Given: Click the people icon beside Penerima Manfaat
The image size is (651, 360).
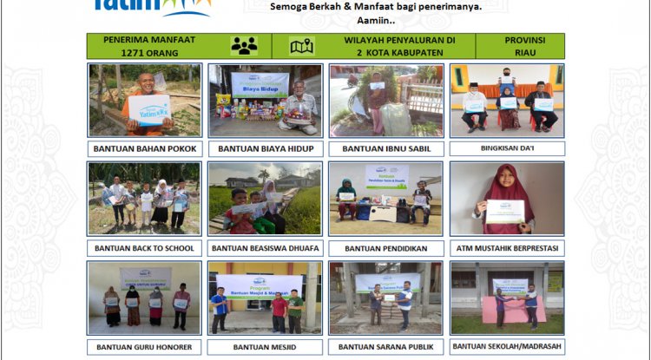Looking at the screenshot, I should coord(244,46).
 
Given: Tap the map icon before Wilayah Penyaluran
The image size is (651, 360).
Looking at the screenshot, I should coord(301,46).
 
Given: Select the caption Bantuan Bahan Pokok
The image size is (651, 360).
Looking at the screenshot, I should coord(145,148).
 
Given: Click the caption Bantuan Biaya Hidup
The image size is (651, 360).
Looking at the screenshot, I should coord(266,148).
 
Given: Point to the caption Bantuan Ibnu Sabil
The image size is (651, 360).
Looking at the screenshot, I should coord(386,148).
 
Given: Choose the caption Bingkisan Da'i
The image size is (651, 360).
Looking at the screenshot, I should coord(507,148).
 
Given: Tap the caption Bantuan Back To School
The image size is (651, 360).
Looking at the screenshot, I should coord(145,248).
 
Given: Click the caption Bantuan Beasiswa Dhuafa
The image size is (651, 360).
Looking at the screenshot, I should coord(266,248).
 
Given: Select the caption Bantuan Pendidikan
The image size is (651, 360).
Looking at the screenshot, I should coord(386,248).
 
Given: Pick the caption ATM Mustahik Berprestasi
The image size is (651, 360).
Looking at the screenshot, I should coord(507,248).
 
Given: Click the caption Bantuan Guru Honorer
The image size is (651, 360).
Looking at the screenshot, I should coord(145,347).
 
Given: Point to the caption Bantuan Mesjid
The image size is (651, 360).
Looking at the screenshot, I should coord(266,347).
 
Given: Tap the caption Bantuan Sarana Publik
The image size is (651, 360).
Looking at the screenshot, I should coord(386,347).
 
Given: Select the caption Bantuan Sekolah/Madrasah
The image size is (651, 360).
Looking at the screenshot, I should coord(507,347).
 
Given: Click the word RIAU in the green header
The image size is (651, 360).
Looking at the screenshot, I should coord(519,52).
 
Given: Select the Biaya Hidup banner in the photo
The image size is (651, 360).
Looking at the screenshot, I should coord(260,84).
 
